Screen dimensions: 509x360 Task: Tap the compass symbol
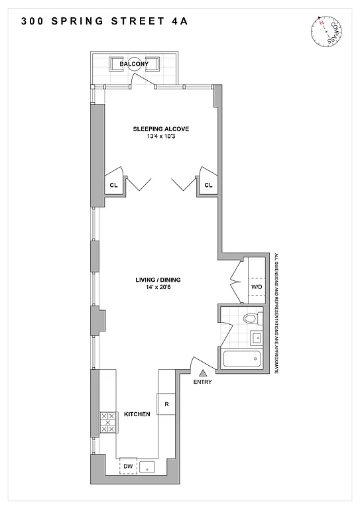pos(324,30)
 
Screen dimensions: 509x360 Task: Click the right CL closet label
pos(208,186)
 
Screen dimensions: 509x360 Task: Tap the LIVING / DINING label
pos(158,280)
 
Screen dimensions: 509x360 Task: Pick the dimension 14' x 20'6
pos(158,288)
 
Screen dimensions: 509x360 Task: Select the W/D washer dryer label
pos(255,286)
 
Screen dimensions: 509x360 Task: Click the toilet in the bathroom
pos(250,319)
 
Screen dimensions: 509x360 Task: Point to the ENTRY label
pos(202,382)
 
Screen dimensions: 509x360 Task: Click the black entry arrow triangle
pos(203,374)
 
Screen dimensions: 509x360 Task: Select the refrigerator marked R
pos(165,404)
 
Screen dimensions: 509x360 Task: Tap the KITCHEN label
pos(137,414)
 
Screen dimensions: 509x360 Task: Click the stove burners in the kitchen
pos(105,422)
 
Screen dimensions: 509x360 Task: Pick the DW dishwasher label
pos(127,467)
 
